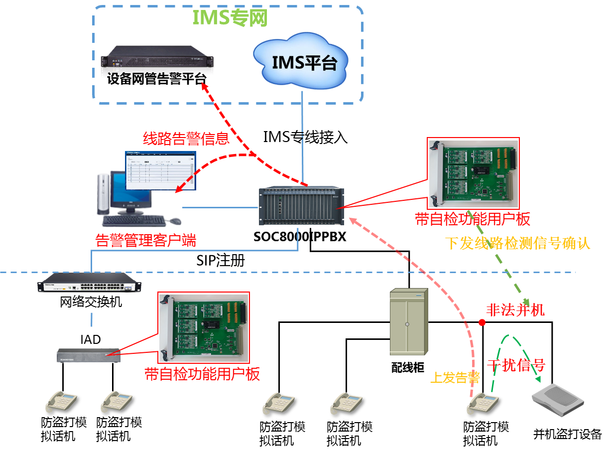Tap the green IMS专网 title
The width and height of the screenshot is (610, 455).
(230, 18)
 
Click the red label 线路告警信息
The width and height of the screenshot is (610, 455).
(186, 138)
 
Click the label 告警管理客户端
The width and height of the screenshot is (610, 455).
(145, 242)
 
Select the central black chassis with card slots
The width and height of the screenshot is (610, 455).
(301, 205)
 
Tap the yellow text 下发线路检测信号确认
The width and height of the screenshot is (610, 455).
(517, 244)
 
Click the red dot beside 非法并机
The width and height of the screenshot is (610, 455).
(482, 322)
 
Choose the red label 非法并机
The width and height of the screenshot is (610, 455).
(515, 310)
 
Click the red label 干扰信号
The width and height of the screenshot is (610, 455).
(516, 365)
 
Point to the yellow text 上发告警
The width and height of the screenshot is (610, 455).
(455, 378)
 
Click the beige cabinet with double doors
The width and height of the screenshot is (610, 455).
(408, 321)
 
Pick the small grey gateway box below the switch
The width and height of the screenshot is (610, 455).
(89, 355)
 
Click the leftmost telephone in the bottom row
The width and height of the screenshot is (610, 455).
(61, 401)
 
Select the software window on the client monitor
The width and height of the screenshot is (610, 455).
(160, 170)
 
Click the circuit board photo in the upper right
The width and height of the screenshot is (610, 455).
(474, 173)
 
